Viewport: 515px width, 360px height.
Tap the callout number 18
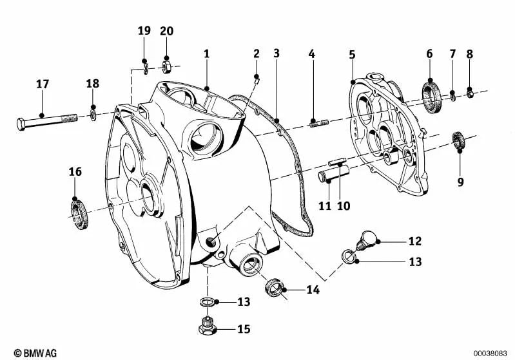pyautogui.click(x=93, y=84)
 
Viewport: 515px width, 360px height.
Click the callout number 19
pyautogui.click(x=144, y=30)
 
